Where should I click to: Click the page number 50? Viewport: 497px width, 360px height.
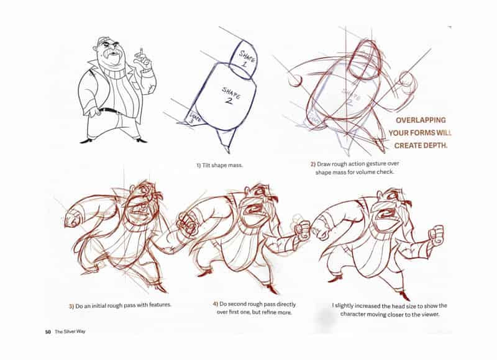click(x=48, y=332)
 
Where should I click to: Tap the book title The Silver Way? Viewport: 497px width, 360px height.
click(x=70, y=331)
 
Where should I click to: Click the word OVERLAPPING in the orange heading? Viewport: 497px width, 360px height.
click(x=421, y=120)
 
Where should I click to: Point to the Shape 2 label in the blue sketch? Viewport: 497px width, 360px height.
click(x=230, y=96)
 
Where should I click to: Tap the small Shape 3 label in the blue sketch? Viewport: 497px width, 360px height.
click(x=194, y=118)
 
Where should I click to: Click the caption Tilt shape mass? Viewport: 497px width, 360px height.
click(x=219, y=165)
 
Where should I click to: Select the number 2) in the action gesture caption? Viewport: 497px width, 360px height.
click(x=313, y=164)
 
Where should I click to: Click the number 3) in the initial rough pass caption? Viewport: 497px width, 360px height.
click(x=71, y=306)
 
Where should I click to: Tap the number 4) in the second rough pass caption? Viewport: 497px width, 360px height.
click(x=216, y=304)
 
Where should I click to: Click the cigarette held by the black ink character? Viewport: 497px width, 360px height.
click(x=142, y=52)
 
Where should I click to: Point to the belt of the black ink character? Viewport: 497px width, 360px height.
click(x=109, y=110)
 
